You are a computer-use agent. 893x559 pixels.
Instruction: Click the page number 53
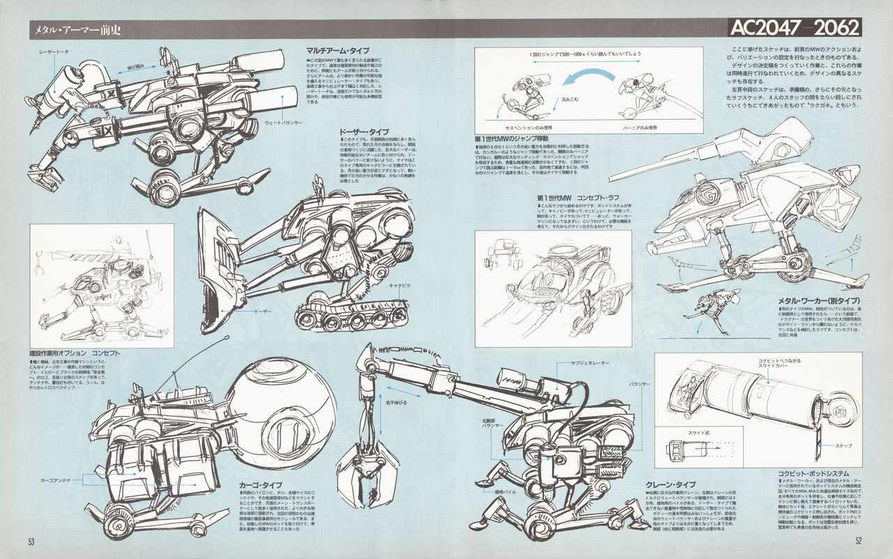pyautogui.click(x=31, y=542)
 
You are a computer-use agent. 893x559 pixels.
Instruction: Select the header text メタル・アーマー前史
pyautogui.click(x=70, y=29)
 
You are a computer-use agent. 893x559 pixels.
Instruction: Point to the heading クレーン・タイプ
pyautogui.click(x=670, y=484)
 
